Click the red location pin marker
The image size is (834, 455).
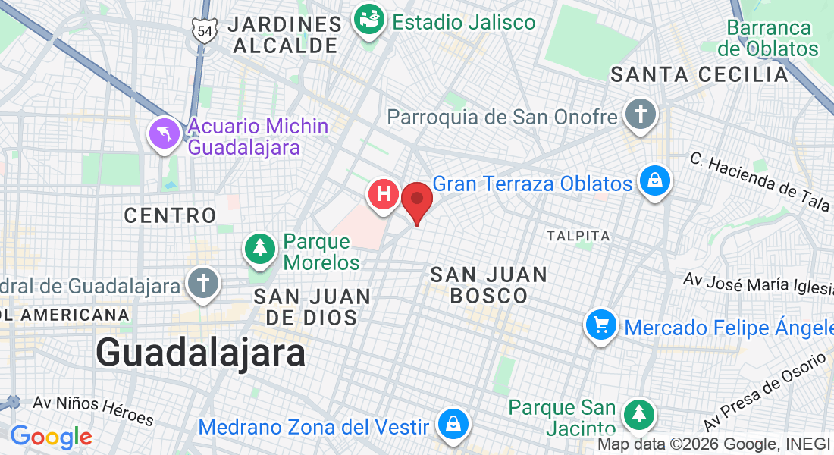tap(416, 200)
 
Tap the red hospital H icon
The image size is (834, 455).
tap(384, 194)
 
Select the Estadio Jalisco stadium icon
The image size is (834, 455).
tap(370, 22)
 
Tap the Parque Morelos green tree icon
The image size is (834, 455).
tap(260, 248)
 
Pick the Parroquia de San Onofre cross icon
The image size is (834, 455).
tap(640, 115)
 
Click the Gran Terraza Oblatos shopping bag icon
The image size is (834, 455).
tap(654, 182)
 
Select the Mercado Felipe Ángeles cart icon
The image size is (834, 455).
tap(601, 326)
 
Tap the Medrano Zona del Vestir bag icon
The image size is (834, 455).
tap(453, 425)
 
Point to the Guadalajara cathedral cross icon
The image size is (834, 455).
tap(202, 284)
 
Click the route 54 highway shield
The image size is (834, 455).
tap(205, 30)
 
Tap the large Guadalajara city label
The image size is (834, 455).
tap(201, 353)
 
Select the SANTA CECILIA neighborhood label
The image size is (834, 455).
tap(699, 74)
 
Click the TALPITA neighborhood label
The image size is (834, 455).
tap(578, 236)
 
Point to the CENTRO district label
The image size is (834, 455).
tap(170, 215)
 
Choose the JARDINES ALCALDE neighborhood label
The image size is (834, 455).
tap(284, 34)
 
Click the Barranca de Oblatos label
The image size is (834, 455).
tap(769, 39)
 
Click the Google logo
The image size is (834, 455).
tap(51, 438)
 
